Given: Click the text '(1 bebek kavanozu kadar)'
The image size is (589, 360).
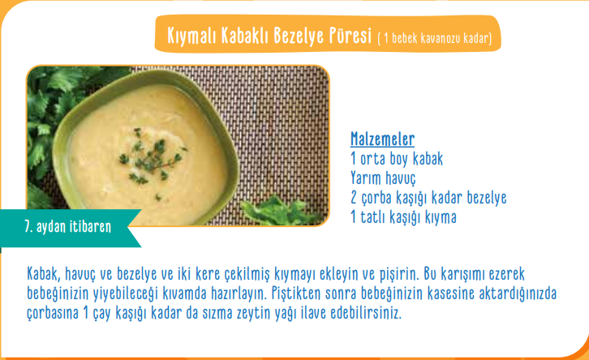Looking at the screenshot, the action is pyautogui.click(x=435, y=38).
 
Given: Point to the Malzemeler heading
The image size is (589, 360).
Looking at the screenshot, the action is pyautogui.click(x=382, y=139).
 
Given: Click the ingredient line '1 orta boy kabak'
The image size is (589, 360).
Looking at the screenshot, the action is pyautogui.click(x=397, y=159).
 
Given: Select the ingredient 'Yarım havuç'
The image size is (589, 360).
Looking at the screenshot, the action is pyautogui.click(x=383, y=178).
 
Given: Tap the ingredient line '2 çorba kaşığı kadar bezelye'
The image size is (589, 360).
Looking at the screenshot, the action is pyautogui.click(x=428, y=198).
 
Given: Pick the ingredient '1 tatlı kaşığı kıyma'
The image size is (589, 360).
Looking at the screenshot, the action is pyautogui.click(x=403, y=217).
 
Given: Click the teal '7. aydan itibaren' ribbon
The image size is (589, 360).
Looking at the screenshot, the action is pyautogui.click(x=67, y=228).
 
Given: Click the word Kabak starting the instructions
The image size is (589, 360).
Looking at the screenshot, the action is pyautogui.click(x=44, y=274).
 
